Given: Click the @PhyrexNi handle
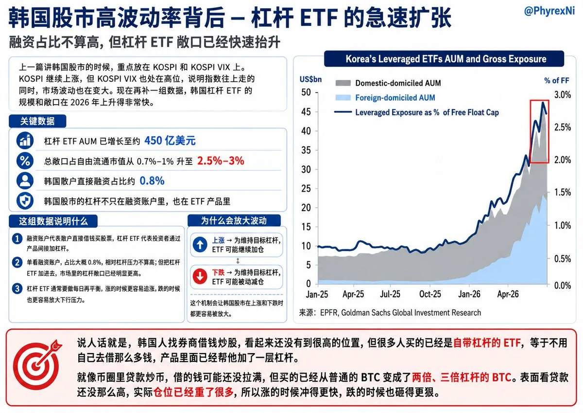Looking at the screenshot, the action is pyautogui.click(x=549, y=11).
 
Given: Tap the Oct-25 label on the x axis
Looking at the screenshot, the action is pyautogui.click(x=430, y=294).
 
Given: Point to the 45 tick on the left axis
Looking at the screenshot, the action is pyautogui.click(x=306, y=112).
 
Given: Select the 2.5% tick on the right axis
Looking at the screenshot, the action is pyautogui.click(x=563, y=127).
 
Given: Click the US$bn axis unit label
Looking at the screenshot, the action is pyautogui.click(x=310, y=79).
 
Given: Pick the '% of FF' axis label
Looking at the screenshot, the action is pyautogui.click(x=557, y=81).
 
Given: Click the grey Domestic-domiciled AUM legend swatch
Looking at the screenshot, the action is pyautogui.click(x=343, y=83).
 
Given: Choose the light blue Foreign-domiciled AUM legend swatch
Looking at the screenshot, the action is pyautogui.click(x=343, y=98).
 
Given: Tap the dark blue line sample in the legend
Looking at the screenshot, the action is pyautogui.click(x=343, y=112).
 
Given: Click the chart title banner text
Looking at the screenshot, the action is pyautogui.click(x=446, y=59).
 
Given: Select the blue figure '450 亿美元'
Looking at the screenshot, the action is pyautogui.click(x=170, y=141).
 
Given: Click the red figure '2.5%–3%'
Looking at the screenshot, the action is pyautogui.click(x=221, y=161).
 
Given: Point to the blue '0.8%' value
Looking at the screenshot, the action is pyautogui.click(x=152, y=180).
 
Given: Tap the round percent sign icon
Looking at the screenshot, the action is pyautogui.click(x=25, y=161).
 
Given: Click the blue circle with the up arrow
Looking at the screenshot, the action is pyautogui.click(x=200, y=245).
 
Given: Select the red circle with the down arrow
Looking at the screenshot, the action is pyautogui.click(x=200, y=276).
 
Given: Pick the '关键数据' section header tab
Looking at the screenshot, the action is pyautogui.click(x=37, y=121).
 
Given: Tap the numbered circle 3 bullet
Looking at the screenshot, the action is pyautogui.click(x=17, y=288).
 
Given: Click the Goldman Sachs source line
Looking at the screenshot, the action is pyautogui.click(x=390, y=312).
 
